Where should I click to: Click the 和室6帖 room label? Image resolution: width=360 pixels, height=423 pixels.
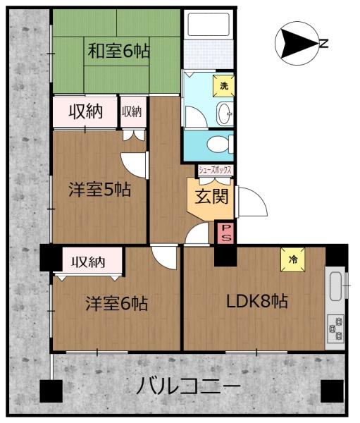(118, 51)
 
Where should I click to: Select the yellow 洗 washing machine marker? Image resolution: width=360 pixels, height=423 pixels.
(224, 85)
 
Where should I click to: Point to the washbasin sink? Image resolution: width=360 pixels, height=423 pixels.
(224, 112)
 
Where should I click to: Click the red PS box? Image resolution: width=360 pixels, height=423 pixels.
(226, 232)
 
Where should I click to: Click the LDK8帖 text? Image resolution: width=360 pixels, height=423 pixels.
(256, 301)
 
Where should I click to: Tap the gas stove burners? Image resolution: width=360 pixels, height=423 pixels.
(335, 327)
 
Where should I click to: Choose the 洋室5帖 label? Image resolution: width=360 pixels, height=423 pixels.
(99, 189)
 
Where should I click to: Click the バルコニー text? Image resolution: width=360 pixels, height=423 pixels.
(188, 386)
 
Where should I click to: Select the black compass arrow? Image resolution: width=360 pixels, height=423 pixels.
(295, 44)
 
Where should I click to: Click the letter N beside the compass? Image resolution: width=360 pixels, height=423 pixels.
(324, 44)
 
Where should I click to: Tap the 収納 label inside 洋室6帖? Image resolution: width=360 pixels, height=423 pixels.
(89, 262)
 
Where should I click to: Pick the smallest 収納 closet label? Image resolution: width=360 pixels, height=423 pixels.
(132, 111)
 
